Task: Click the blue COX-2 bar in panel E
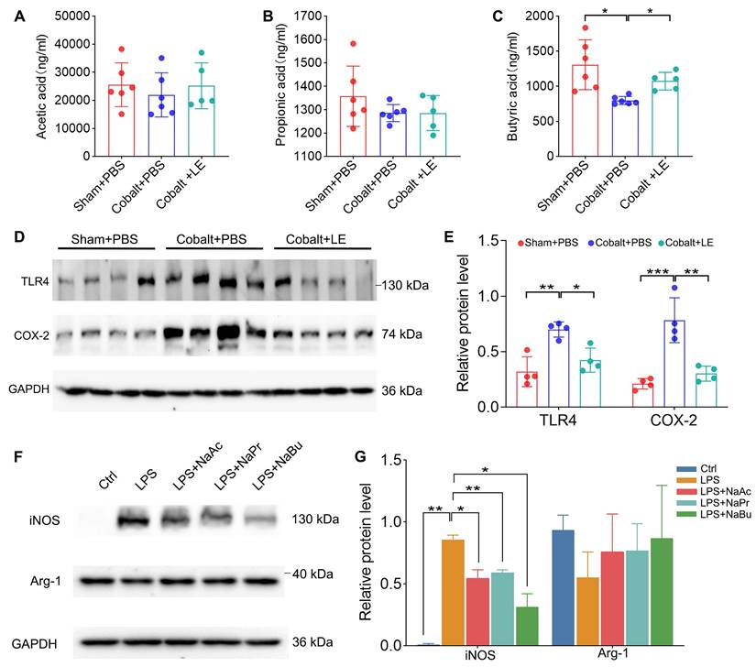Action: tap(677, 363)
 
